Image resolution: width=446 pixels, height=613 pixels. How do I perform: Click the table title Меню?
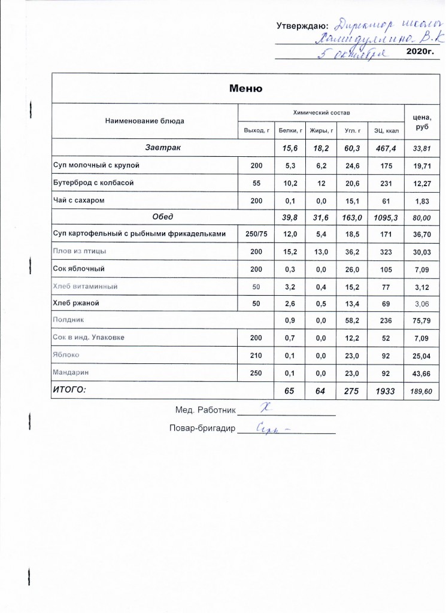coord(246,89)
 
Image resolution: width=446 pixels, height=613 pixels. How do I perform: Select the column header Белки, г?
coord(290,129)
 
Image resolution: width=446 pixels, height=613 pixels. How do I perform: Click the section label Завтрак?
coord(162,147)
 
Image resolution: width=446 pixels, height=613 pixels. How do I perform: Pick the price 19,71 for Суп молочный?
coord(422,165)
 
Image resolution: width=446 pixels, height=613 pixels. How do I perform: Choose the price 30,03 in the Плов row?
coord(422,252)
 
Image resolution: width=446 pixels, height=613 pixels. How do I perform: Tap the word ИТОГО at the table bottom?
coord(71,390)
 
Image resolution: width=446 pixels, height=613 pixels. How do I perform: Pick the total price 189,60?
coord(422,391)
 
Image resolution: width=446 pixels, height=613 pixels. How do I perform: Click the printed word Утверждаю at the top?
coord(302,26)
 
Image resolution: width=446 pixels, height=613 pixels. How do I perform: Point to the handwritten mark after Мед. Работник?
coord(262,408)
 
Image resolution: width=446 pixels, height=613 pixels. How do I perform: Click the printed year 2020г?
coord(419,53)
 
